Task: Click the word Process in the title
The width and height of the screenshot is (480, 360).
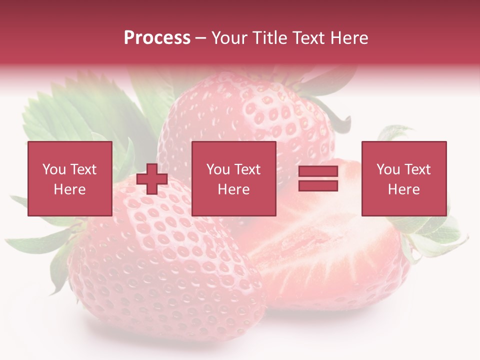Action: [x=157, y=38]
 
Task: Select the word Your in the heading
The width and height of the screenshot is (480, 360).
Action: [x=229, y=38]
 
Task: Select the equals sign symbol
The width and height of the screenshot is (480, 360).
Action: [x=318, y=178]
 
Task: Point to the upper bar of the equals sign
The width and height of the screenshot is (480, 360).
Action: [x=318, y=171]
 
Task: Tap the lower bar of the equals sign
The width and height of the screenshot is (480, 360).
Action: [x=318, y=185]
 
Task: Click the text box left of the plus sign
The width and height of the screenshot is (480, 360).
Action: [x=69, y=178]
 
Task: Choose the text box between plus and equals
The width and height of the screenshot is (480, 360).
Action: [x=233, y=178]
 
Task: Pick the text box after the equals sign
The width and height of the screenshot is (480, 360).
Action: [x=403, y=178]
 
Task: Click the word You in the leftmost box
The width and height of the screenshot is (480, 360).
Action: [x=53, y=169]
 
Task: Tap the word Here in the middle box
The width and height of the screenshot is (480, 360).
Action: [x=233, y=189]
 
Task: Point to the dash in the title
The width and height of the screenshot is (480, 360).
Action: [x=200, y=38]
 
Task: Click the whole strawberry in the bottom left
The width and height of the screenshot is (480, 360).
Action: [x=160, y=270]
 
